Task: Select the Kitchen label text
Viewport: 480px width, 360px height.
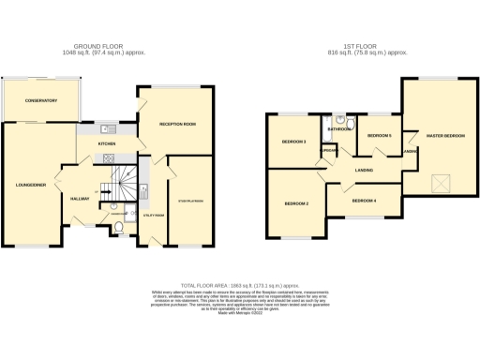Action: (x=107, y=143)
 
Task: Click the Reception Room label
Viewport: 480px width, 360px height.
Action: (x=176, y=123)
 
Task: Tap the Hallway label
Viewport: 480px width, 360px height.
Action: (x=79, y=198)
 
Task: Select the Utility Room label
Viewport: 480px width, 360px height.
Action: (x=154, y=216)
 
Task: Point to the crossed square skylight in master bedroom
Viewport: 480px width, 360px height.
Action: (x=439, y=181)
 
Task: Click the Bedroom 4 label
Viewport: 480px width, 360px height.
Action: (x=365, y=201)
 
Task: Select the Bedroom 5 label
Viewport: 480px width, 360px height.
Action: (x=378, y=136)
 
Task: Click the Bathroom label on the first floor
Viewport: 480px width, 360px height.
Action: (x=339, y=129)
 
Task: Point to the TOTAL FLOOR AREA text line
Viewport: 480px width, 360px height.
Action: (x=239, y=282)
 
